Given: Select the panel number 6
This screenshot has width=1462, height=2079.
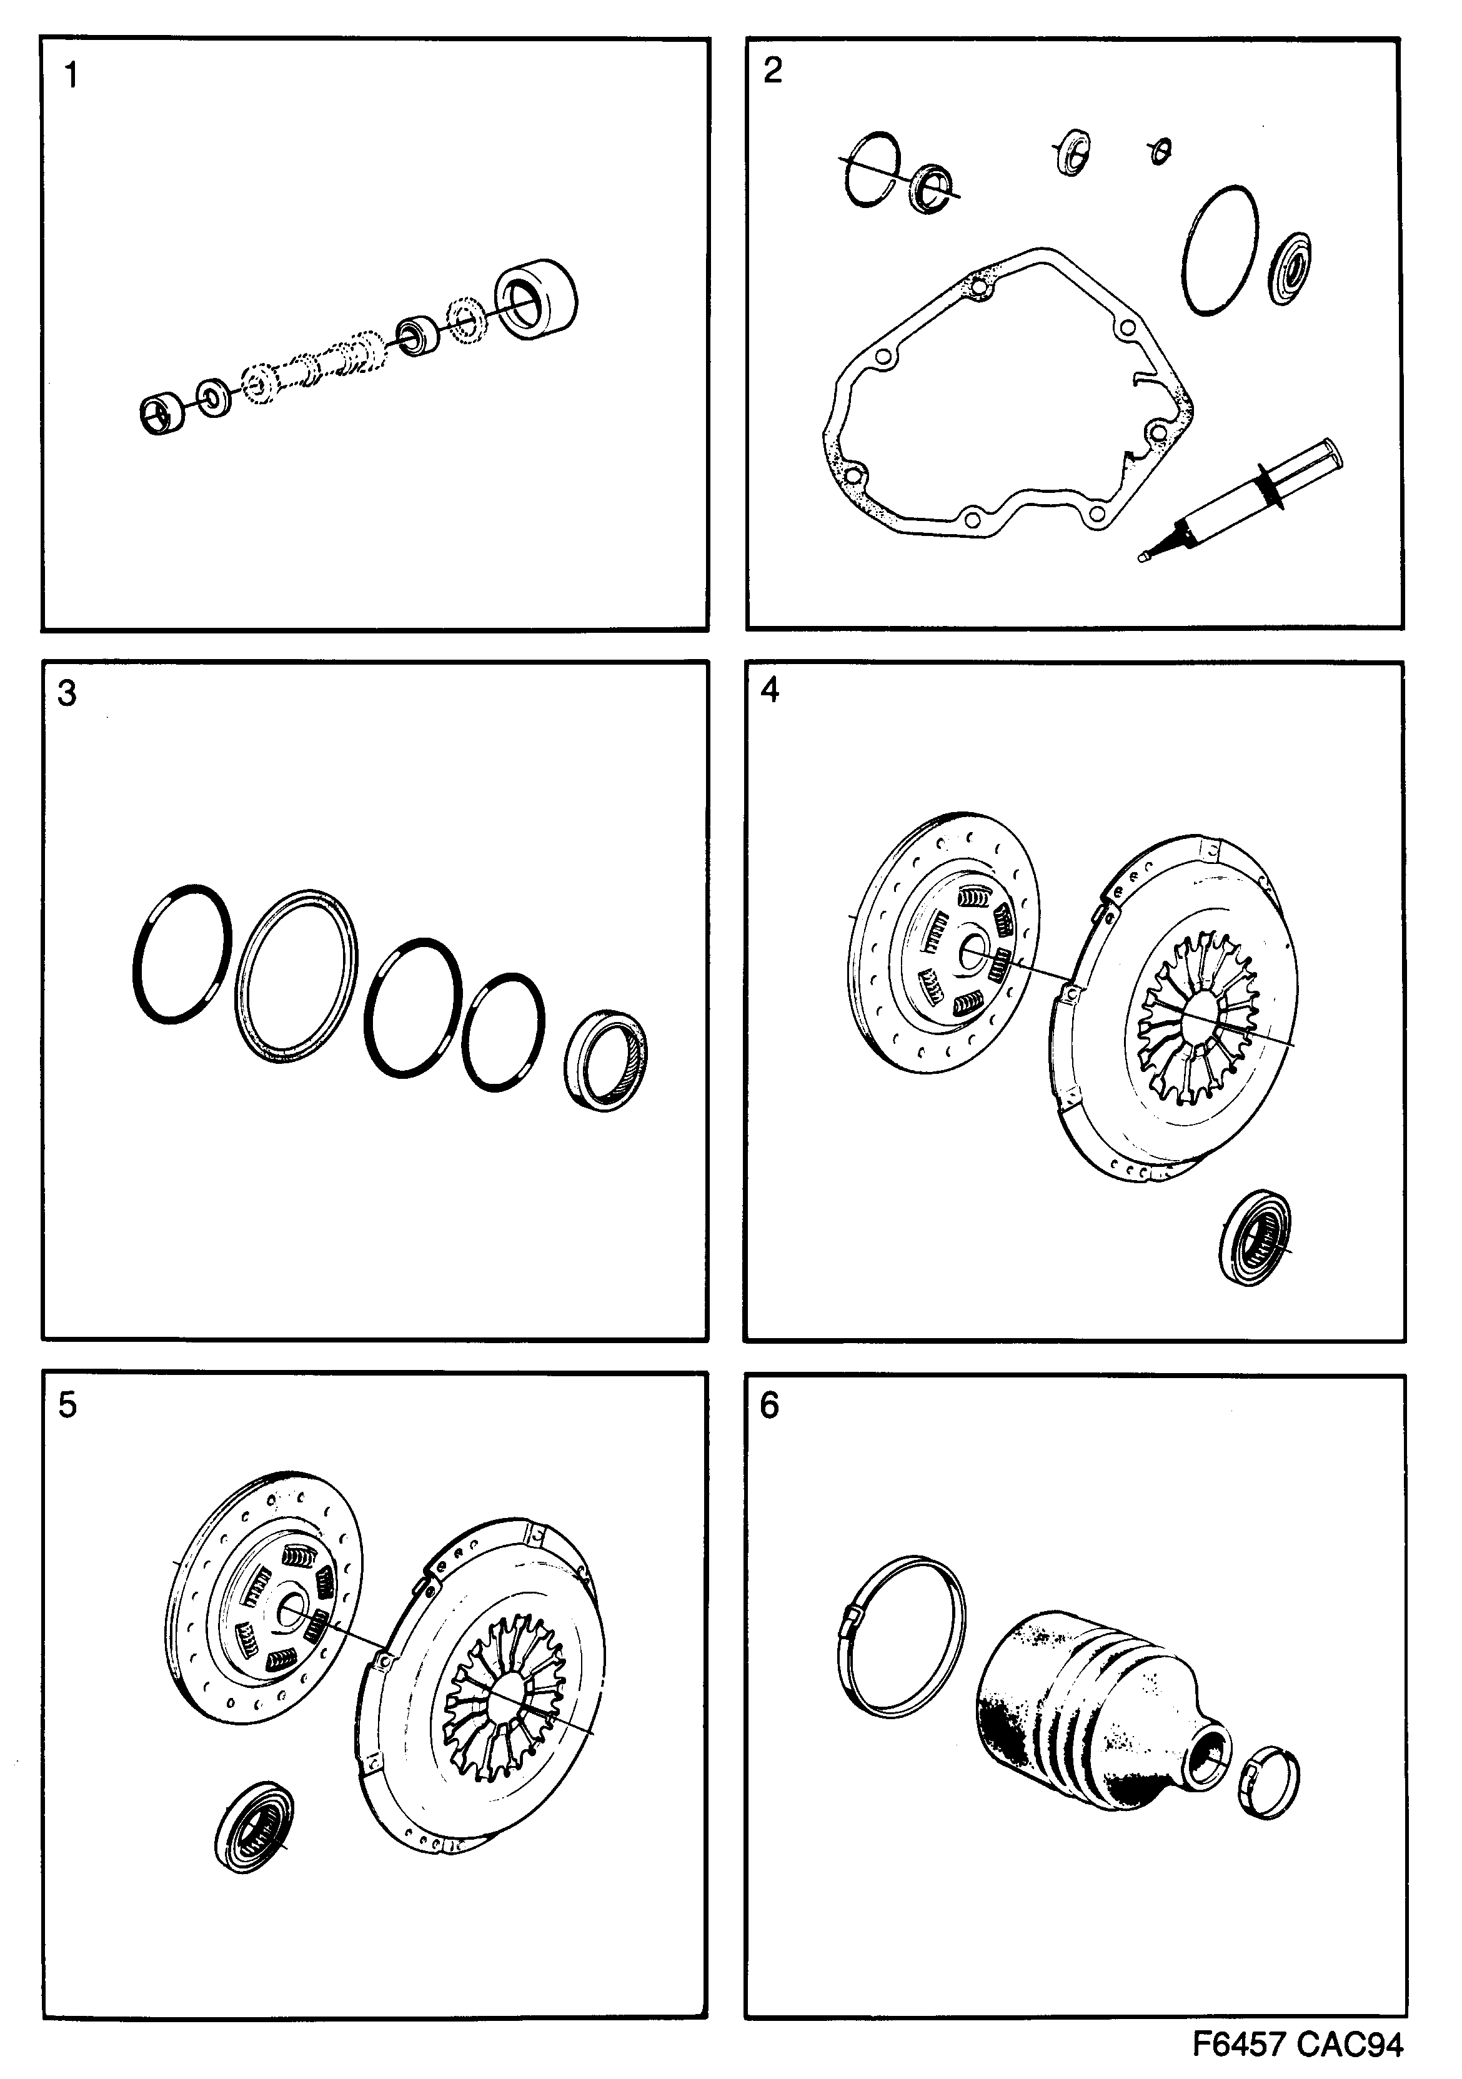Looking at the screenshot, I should pyautogui.click(x=769, y=1406).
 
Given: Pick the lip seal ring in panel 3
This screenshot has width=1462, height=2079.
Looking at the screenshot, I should pyautogui.click(x=606, y=1058).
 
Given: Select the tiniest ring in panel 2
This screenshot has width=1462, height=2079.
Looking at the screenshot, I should pyautogui.click(x=1158, y=151).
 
